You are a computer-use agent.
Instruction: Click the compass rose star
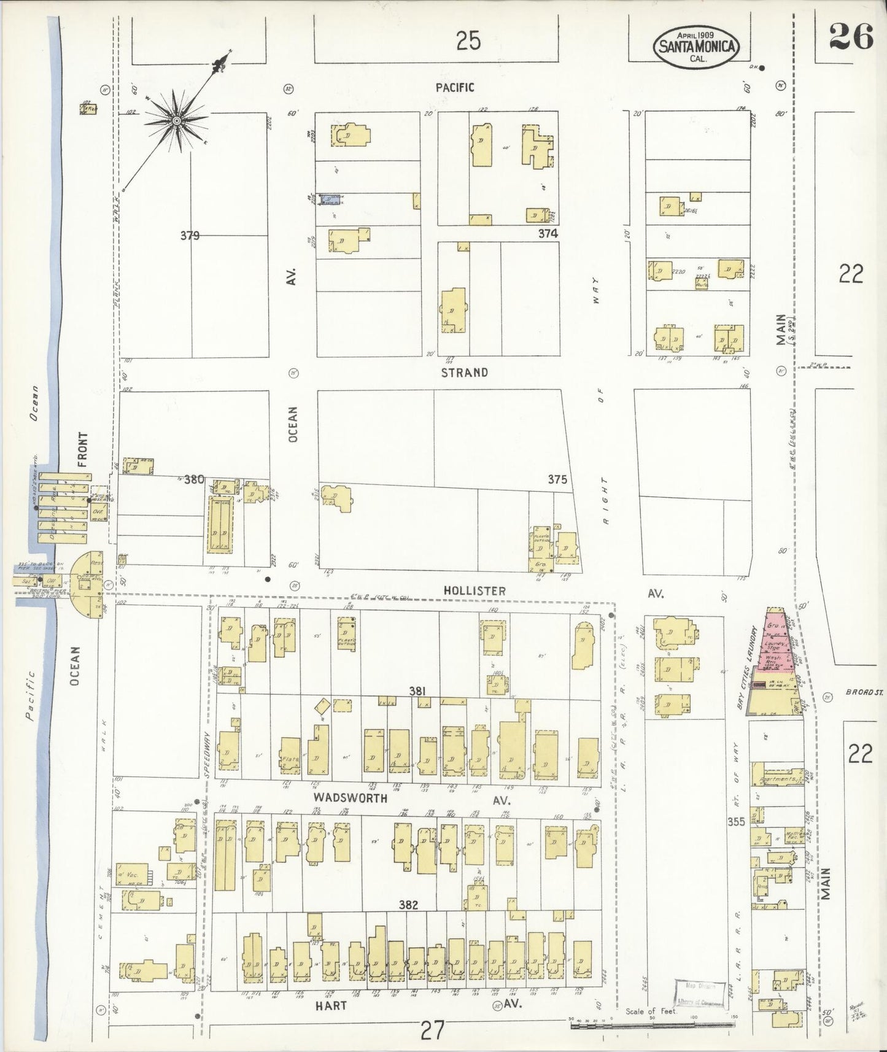(177, 121)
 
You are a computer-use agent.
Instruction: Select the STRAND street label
(465, 373)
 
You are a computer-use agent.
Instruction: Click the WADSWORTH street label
(351, 798)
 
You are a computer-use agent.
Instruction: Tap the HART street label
(331, 1005)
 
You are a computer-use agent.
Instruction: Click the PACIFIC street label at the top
(454, 88)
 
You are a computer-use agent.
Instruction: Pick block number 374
(548, 233)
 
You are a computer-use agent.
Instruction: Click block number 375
(557, 480)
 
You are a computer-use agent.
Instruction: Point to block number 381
(418, 692)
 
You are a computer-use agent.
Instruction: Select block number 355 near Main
(735, 821)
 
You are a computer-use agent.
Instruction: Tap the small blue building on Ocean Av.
(331, 199)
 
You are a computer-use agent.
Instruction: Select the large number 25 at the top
(468, 41)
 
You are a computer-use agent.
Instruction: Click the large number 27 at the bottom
(433, 1029)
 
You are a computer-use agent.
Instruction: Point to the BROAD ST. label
(864, 692)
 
